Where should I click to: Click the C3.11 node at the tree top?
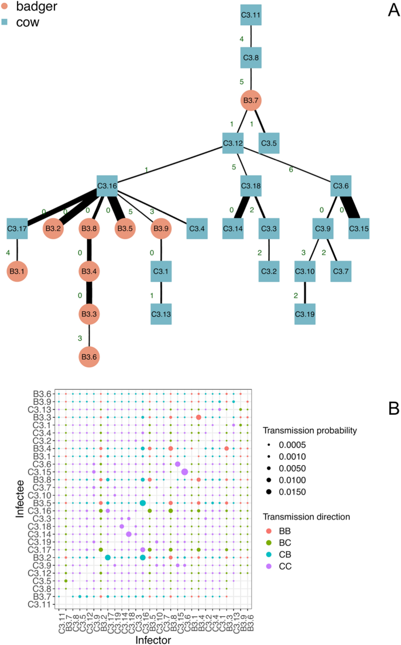point(251,14)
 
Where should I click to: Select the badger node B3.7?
point(251,101)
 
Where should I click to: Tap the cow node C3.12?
point(232,142)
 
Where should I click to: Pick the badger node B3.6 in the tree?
point(89,356)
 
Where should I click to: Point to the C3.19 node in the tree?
point(304,313)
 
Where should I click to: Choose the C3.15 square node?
point(359,228)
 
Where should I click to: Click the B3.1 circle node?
point(18,271)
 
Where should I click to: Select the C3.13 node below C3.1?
point(161,313)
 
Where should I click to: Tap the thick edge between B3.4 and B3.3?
point(89,292)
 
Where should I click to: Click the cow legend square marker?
point(5,23)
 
